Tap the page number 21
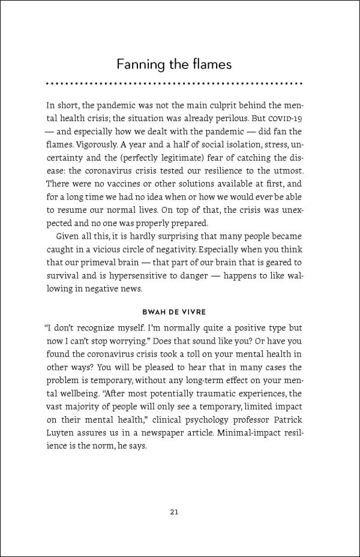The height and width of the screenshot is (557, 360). [174, 511]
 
